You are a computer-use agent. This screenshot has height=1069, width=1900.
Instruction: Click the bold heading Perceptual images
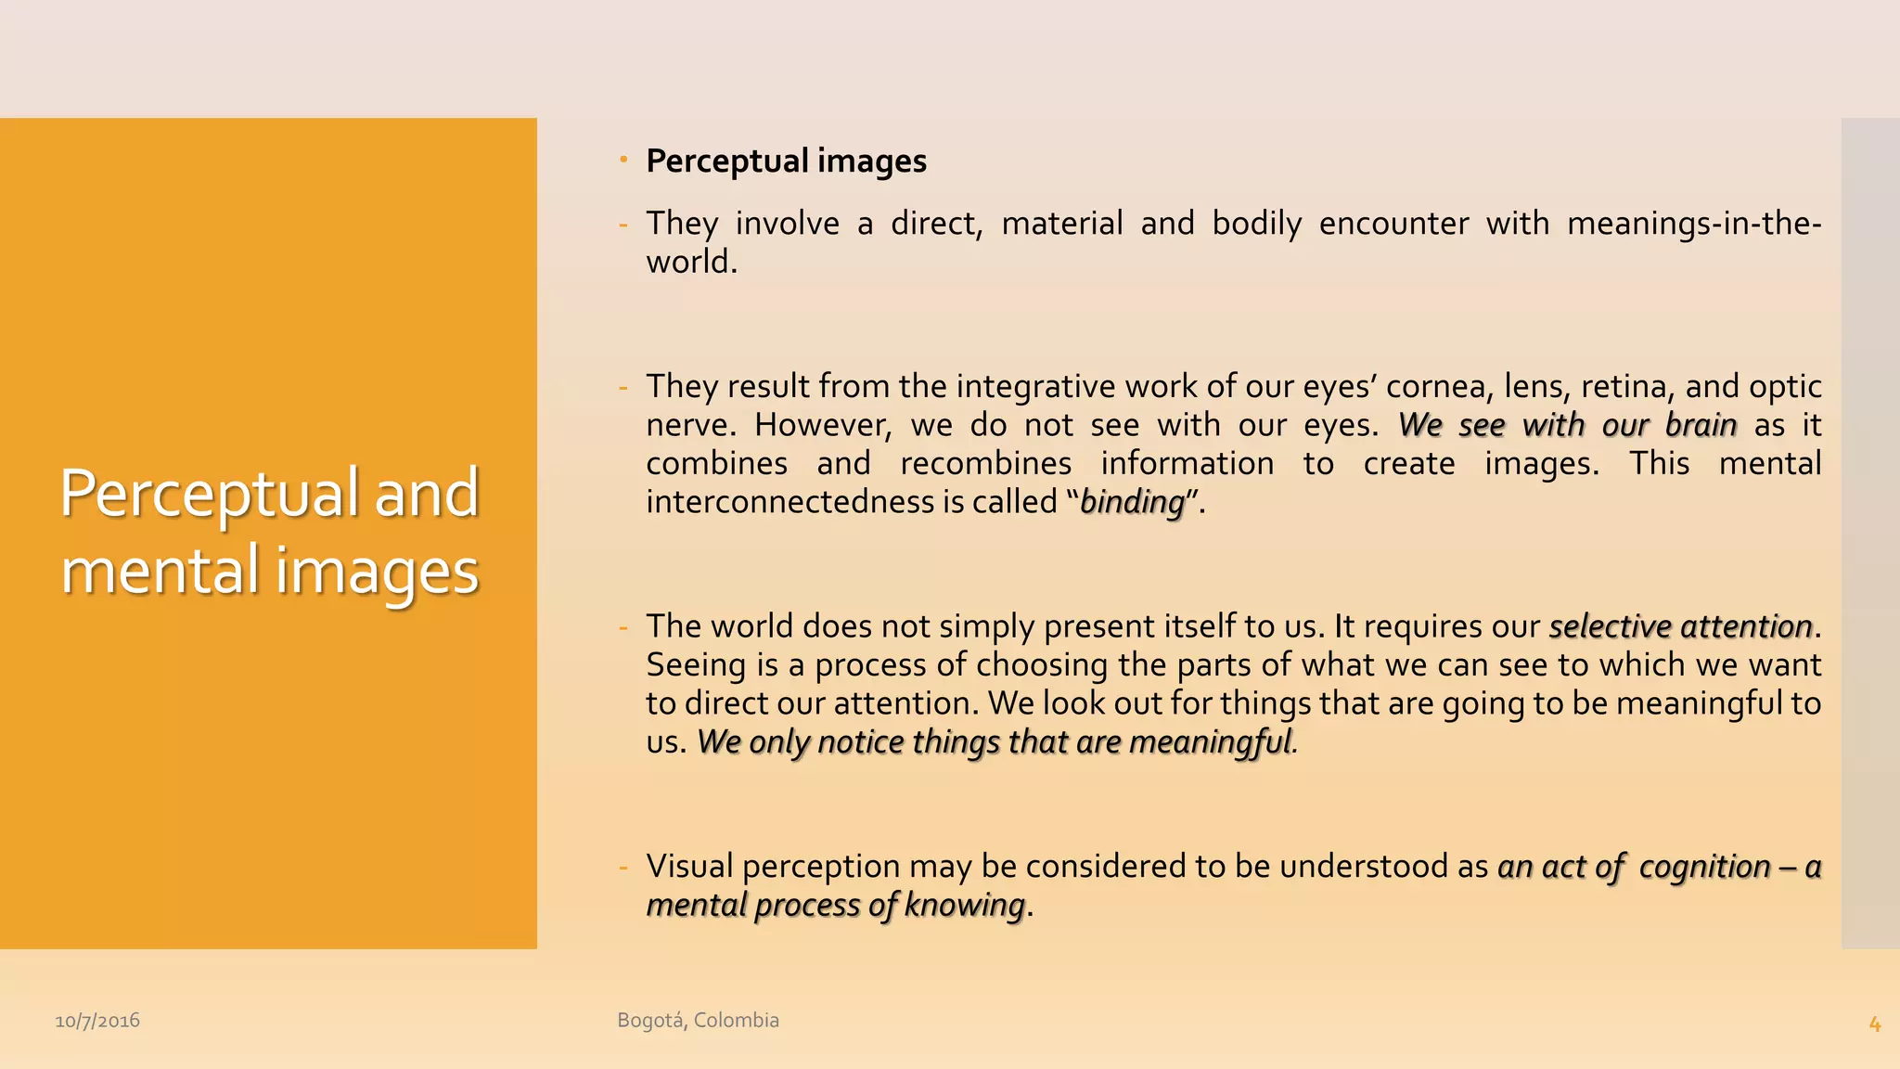(x=786, y=161)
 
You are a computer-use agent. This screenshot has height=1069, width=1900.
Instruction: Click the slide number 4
(x=1874, y=1024)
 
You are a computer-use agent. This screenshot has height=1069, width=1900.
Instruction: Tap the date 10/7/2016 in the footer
(x=97, y=1021)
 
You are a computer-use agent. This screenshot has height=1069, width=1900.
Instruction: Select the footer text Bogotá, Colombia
(x=698, y=1020)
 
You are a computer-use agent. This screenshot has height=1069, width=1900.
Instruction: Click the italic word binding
(x=1133, y=502)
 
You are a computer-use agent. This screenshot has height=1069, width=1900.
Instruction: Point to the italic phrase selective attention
(x=1680, y=626)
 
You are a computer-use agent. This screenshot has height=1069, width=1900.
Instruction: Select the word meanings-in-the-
(x=1694, y=224)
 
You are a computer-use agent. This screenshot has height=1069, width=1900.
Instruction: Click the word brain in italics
(x=1701, y=425)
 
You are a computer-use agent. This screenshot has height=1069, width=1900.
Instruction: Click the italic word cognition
(x=1704, y=867)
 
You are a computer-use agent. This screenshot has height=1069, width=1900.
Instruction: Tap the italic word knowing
(x=964, y=905)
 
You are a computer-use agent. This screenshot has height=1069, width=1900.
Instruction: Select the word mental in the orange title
(x=160, y=570)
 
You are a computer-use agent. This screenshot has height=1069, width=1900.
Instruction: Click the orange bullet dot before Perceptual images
(x=624, y=160)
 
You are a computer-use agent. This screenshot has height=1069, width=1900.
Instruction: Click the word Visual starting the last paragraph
(x=690, y=867)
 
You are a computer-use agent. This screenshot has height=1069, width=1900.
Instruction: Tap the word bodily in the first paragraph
(x=1256, y=224)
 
